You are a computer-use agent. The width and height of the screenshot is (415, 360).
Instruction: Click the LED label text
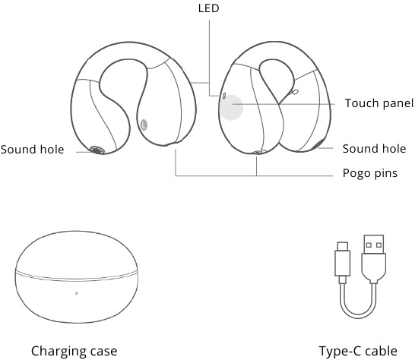click(208, 8)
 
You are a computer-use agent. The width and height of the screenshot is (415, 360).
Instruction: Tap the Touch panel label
click(379, 103)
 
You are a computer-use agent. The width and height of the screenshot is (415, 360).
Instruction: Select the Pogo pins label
click(370, 173)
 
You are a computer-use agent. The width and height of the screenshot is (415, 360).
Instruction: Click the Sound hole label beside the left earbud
click(32, 150)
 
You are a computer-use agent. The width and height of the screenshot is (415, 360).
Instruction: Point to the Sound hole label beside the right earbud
click(374, 149)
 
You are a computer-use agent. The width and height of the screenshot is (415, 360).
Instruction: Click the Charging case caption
click(74, 352)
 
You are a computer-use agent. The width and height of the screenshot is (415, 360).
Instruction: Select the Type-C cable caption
click(358, 352)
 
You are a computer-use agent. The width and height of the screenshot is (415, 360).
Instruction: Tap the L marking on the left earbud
click(144, 125)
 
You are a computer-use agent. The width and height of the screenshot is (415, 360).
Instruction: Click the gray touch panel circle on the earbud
click(231, 108)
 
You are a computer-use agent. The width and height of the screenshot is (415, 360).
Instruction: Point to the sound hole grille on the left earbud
click(97, 150)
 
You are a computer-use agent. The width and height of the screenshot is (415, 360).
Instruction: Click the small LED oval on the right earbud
click(224, 96)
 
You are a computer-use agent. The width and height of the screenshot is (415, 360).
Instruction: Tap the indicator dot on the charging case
click(76, 293)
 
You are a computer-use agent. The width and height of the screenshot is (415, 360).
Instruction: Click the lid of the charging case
click(76, 254)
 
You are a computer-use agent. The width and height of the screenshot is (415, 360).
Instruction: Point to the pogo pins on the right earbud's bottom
click(258, 152)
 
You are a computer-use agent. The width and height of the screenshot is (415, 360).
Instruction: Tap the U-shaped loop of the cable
click(358, 313)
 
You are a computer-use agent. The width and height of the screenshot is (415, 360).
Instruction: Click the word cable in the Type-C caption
click(382, 352)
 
